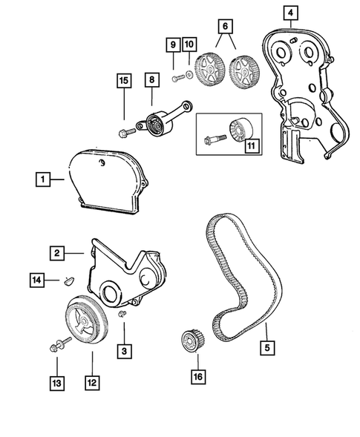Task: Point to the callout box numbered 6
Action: pos(220,26)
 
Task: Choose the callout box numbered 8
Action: pos(151,78)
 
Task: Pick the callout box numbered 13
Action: pos(57,383)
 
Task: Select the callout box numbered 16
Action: pos(197,376)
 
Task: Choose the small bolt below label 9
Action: pos(175,78)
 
